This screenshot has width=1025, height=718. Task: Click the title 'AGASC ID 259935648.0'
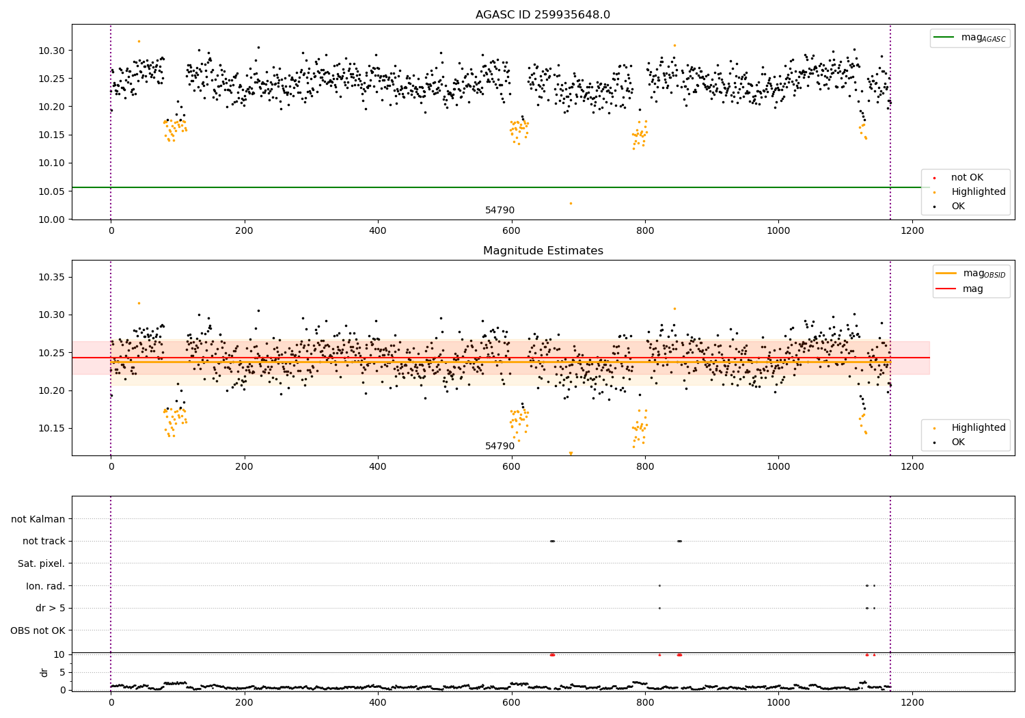(543, 15)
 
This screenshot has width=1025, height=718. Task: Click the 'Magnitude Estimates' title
(543, 251)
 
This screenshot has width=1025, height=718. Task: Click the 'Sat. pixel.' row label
(41, 563)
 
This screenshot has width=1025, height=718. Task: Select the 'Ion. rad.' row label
(45, 586)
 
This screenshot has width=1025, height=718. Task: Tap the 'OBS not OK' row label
(38, 630)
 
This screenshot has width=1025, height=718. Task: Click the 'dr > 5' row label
(50, 608)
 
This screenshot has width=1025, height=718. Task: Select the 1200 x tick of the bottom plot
(912, 701)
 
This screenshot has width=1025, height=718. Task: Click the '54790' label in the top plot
(500, 211)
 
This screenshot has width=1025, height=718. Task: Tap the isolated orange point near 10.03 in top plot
(571, 203)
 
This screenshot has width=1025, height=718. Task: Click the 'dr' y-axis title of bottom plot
(44, 672)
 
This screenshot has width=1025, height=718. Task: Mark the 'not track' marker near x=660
(552, 541)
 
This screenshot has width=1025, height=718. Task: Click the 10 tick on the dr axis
(59, 654)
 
